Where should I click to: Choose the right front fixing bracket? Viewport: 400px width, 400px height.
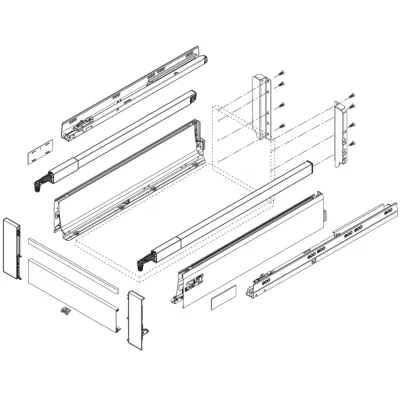click(138, 320)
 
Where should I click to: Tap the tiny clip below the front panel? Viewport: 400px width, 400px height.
click(65, 314)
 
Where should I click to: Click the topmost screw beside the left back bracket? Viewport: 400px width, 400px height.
click(284, 74)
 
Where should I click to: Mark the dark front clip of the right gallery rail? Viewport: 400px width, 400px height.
click(146, 259)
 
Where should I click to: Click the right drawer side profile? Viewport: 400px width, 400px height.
click(250, 240)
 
